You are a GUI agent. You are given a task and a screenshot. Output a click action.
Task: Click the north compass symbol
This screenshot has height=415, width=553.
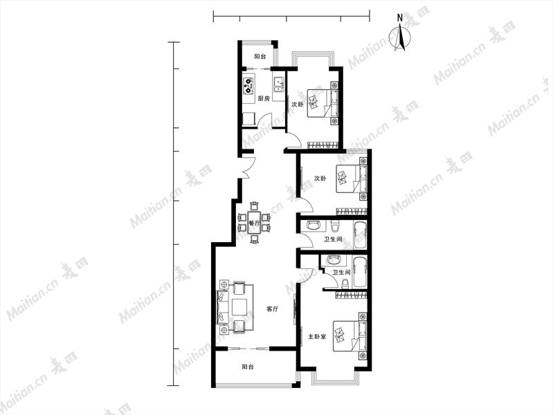pyautogui.click(x=400, y=35)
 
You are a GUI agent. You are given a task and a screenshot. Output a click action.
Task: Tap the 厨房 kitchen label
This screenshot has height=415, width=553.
pyautogui.click(x=264, y=98)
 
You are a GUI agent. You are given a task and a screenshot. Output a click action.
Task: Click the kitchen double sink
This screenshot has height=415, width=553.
pyautogui.click(x=279, y=85)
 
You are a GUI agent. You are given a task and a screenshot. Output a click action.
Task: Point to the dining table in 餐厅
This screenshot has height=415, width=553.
pyautogui.click(x=254, y=223)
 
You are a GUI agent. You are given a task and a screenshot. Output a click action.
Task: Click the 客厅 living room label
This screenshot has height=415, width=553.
pyautogui.click(x=272, y=309)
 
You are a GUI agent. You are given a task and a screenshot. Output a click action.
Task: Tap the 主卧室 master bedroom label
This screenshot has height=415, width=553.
pyautogui.click(x=317, y=337)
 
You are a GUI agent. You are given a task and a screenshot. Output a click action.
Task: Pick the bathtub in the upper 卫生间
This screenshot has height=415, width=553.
pyautogui.click(x=360, y=236)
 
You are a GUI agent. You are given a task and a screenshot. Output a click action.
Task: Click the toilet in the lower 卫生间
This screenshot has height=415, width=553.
pyautogui.click(x=345, y=284)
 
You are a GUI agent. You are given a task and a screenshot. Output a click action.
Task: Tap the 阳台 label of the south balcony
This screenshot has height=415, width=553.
pyautogui.click(x=248, y=367)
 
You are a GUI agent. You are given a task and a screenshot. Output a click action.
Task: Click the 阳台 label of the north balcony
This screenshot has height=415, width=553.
pyautogui.click(x=260, y=56)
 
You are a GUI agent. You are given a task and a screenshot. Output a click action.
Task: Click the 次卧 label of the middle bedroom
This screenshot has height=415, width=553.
pyautogui.click(x=320, y=178)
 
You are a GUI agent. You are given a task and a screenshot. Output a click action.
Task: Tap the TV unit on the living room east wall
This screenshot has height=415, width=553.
pyautogui.click(x=294, y=309)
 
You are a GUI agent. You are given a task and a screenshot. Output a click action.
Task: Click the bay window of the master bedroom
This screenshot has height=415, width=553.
pyautogui.click(x=336, y=377)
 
